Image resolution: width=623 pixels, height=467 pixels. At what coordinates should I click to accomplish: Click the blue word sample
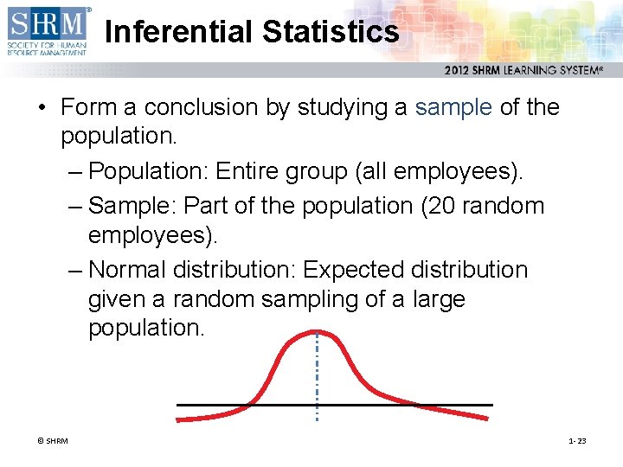pyautogui.click(x=453, y=108)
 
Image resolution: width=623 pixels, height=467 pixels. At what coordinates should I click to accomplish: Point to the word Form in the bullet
pyautogui.click(x=90, y=108)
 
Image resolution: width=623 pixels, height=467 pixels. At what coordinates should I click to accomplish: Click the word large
pyautogui.click(x=438, y=299)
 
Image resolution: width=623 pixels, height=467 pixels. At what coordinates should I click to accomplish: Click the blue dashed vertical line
pyautogui.click(x=317, y=381)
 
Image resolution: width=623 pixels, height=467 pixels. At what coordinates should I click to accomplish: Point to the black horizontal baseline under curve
pyautogui.click(x=415, y=405)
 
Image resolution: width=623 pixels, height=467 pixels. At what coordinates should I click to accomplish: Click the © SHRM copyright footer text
pyautogui.click(x=52, y=441)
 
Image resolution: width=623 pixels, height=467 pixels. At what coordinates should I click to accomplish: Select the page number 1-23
pyautogui.click(x=577, y=441)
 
